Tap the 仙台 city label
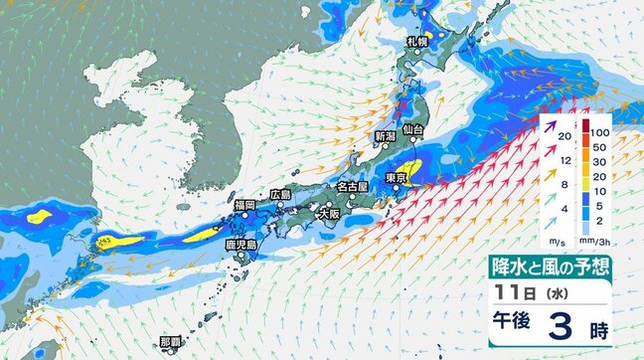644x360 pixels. click(413, 130)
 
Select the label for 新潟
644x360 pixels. click(386, 135)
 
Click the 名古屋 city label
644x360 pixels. click(352, 186)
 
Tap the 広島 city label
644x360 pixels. click(280, 195)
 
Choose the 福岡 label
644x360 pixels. click(245, 204)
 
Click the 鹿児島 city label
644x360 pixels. click(241, 244)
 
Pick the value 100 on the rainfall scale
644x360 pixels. click(598, 131)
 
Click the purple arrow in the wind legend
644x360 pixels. click(552, 126)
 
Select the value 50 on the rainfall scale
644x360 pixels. click(596, 147)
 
